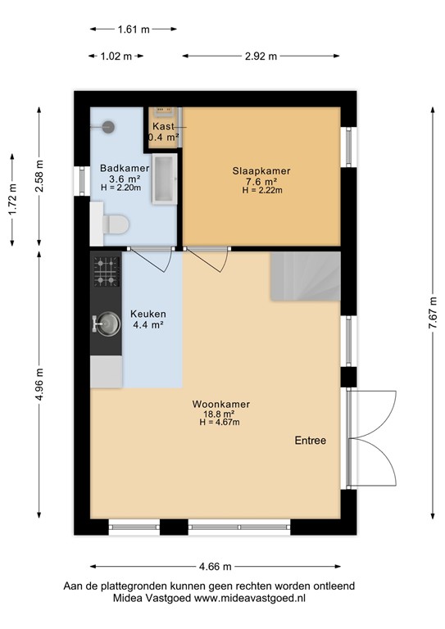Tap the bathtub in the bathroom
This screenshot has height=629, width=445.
[x=166, y=178]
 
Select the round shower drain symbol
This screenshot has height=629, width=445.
[x=107, y=126]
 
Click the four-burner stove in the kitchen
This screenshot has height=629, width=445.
[x=106, y=272]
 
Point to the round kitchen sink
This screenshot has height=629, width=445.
[x=106, y=324]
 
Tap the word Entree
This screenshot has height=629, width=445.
[x=311, y=441]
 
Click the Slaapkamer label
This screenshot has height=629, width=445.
[x=261, y=170]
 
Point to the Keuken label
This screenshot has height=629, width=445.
[x=148, y=314]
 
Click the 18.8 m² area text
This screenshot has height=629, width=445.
[x=220, y=414]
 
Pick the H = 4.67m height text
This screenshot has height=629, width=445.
[x=220, y=423]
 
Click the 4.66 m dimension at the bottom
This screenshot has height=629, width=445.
[x=216, y=567]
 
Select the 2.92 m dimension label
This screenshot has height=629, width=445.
[x=260, y=57]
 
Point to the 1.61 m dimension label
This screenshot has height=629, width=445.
[x=134, y=29]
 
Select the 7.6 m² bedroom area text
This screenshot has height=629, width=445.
[x=261, y=181]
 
